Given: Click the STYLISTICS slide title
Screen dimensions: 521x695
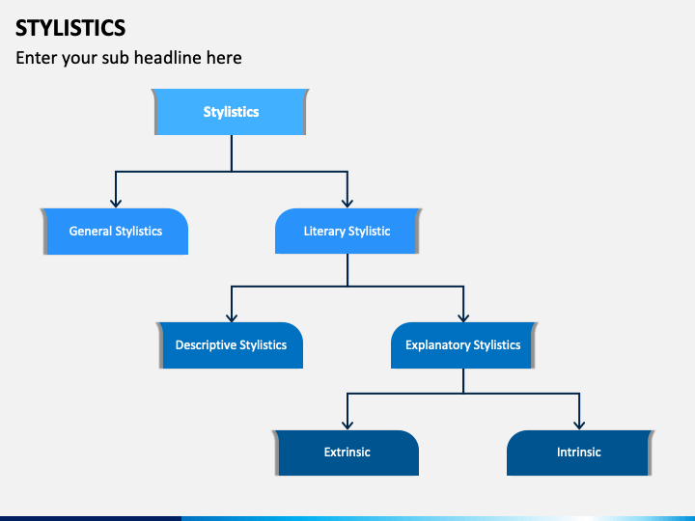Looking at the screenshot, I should (70, 26).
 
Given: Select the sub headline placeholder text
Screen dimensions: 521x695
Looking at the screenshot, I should (128, 58).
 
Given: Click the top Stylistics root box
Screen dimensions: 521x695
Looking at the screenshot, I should (231, 112).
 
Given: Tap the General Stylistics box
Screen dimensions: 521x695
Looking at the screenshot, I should (115, 232).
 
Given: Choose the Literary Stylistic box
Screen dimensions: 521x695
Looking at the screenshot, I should (347, 232).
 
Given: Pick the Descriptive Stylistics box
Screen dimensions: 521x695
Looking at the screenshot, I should (231, 345).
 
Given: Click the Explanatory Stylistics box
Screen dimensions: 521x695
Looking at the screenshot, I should (462, 345).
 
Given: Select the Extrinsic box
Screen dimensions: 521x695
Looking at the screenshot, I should (347, 452).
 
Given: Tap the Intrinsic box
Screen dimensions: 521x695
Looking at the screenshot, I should (578, 452).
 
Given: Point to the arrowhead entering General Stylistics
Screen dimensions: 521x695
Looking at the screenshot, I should (116, 202).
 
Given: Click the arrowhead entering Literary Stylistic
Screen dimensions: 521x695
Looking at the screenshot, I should (347, 202).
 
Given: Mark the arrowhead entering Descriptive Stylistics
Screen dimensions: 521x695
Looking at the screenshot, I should (232, 315).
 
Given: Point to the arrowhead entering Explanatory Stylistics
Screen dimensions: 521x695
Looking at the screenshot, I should (463, 315).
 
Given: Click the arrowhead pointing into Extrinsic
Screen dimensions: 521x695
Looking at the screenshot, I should (347, 424).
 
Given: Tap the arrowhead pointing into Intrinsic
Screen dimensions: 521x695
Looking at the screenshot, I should (579, 424).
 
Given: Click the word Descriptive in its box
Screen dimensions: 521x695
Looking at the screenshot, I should (206, 345).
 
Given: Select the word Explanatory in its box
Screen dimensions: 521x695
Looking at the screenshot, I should (437, 345).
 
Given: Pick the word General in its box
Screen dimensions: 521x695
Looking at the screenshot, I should (91, 232).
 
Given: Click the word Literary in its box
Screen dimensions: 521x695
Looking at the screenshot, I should (324, 232).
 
